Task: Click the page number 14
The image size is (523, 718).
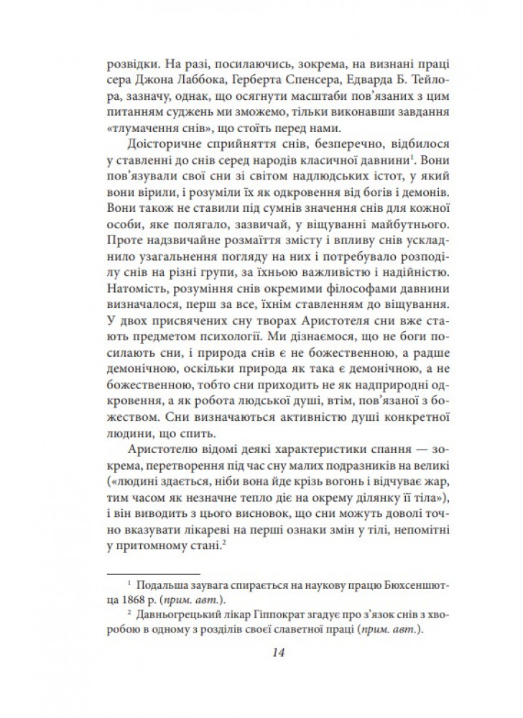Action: tap(280, 652)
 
